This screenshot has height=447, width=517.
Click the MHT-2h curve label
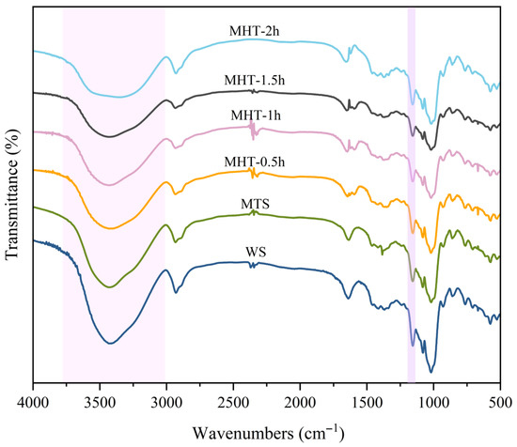point(254,31)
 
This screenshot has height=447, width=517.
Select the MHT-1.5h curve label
point(254,80)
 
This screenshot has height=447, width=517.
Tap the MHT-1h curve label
point(256,116)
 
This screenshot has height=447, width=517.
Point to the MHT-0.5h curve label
point(254,162)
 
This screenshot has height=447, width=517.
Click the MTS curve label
point(255,204)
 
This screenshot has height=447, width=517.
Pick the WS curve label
point(256,253)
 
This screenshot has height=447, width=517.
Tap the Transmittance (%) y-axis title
point(12,194)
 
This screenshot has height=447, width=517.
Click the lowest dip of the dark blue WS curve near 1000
point(431,372)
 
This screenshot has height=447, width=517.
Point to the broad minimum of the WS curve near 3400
point(111,344)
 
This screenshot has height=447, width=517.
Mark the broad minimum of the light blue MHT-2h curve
point(119,97)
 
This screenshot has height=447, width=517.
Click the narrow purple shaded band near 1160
point(412,195)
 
